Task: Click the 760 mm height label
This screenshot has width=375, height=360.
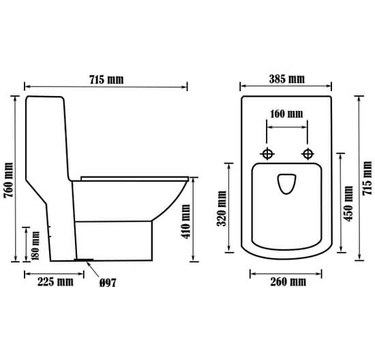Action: pos(9,180)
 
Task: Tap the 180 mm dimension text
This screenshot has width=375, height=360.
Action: pos(36,245)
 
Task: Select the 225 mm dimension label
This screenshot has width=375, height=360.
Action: pos(55,282)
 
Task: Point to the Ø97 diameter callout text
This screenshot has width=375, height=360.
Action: pos(108,283)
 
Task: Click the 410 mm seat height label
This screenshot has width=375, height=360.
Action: pos(186,221)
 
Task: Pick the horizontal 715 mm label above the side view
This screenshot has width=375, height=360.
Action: pos(106,80)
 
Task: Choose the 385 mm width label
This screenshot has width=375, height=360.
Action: pos(287,79)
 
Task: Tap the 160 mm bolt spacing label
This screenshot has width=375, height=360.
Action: pos(287,114)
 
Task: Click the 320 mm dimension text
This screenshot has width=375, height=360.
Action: pos(222,208)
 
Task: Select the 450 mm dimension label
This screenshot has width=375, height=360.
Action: pos(348,204)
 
